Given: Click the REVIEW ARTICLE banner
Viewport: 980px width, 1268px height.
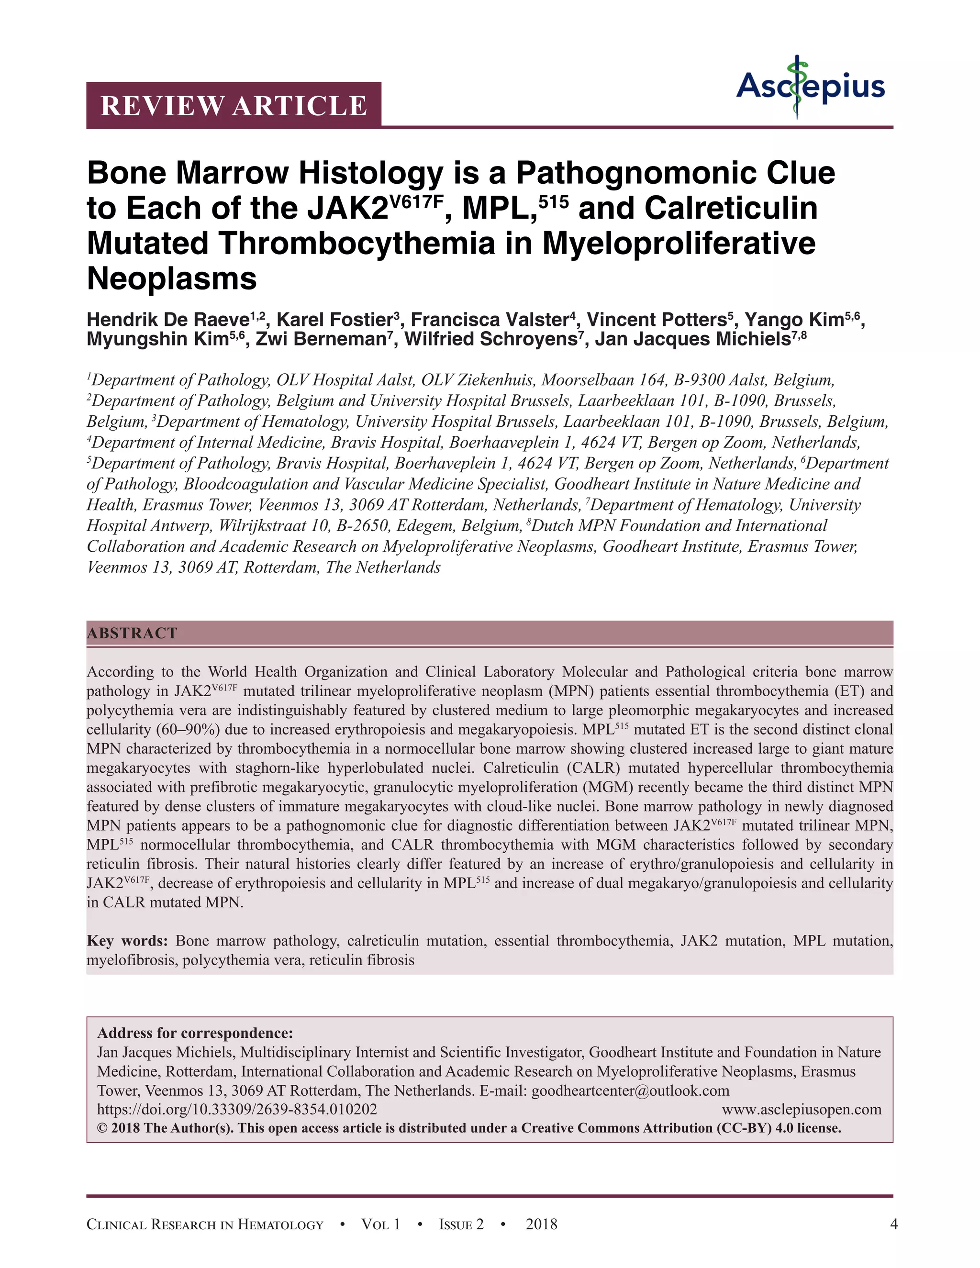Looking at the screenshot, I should click(234, 105).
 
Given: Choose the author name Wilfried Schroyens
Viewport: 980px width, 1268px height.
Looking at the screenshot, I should click(493, 339).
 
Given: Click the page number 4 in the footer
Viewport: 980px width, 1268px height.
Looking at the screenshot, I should click(893, 1224).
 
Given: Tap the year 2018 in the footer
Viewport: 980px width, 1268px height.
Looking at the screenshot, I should click(541, 1224).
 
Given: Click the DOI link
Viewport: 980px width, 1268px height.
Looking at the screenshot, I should click(237, 1109).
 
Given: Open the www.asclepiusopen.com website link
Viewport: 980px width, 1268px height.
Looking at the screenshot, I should click(801, 1109).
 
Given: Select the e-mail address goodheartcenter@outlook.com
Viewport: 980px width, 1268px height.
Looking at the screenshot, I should click(630, 1090).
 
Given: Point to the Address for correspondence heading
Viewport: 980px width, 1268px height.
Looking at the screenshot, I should click(195, 1034).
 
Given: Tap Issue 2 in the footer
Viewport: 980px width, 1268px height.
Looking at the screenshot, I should click(461, 1224).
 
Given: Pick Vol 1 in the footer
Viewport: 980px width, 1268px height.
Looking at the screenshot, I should click(381, 1224).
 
